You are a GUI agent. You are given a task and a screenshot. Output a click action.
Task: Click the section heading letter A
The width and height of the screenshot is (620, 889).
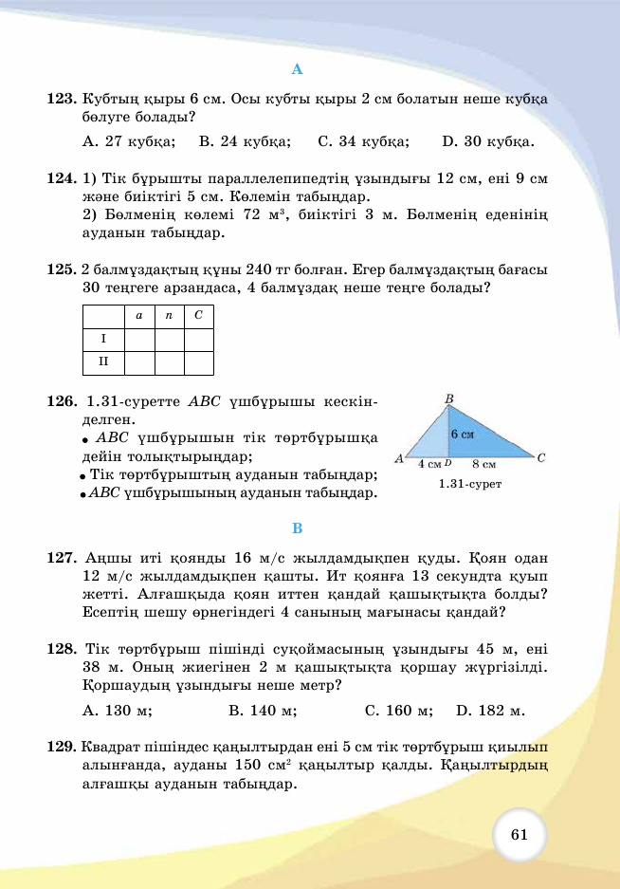point(297,69)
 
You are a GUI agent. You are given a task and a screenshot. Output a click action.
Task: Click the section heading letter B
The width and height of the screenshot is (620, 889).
point(297,528)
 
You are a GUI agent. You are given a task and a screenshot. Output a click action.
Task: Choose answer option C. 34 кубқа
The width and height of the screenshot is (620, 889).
point(363,142)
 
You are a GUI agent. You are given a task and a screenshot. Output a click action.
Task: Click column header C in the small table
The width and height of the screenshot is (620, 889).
point(199,315)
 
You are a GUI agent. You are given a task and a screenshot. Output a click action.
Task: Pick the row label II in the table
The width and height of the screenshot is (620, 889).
point(104,361)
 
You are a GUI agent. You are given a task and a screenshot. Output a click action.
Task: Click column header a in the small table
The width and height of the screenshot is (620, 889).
point(139,315)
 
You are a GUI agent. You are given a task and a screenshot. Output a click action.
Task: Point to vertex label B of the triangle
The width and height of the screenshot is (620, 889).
point(449,398)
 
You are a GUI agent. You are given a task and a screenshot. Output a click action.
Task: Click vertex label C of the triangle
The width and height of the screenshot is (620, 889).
point(540,458)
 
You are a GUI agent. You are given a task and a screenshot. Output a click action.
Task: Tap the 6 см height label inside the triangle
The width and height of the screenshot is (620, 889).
point(462,434)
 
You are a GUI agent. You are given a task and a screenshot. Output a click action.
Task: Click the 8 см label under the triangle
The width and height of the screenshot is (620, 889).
point(483,465)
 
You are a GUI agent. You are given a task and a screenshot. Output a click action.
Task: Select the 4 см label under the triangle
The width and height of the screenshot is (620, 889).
point(429,465)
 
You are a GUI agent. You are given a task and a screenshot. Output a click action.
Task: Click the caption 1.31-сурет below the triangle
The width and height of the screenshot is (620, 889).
point(469,484)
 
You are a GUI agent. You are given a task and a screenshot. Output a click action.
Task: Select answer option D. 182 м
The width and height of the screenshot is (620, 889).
point(490,710)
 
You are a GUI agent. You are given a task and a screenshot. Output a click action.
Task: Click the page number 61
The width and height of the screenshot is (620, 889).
point(519,835)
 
